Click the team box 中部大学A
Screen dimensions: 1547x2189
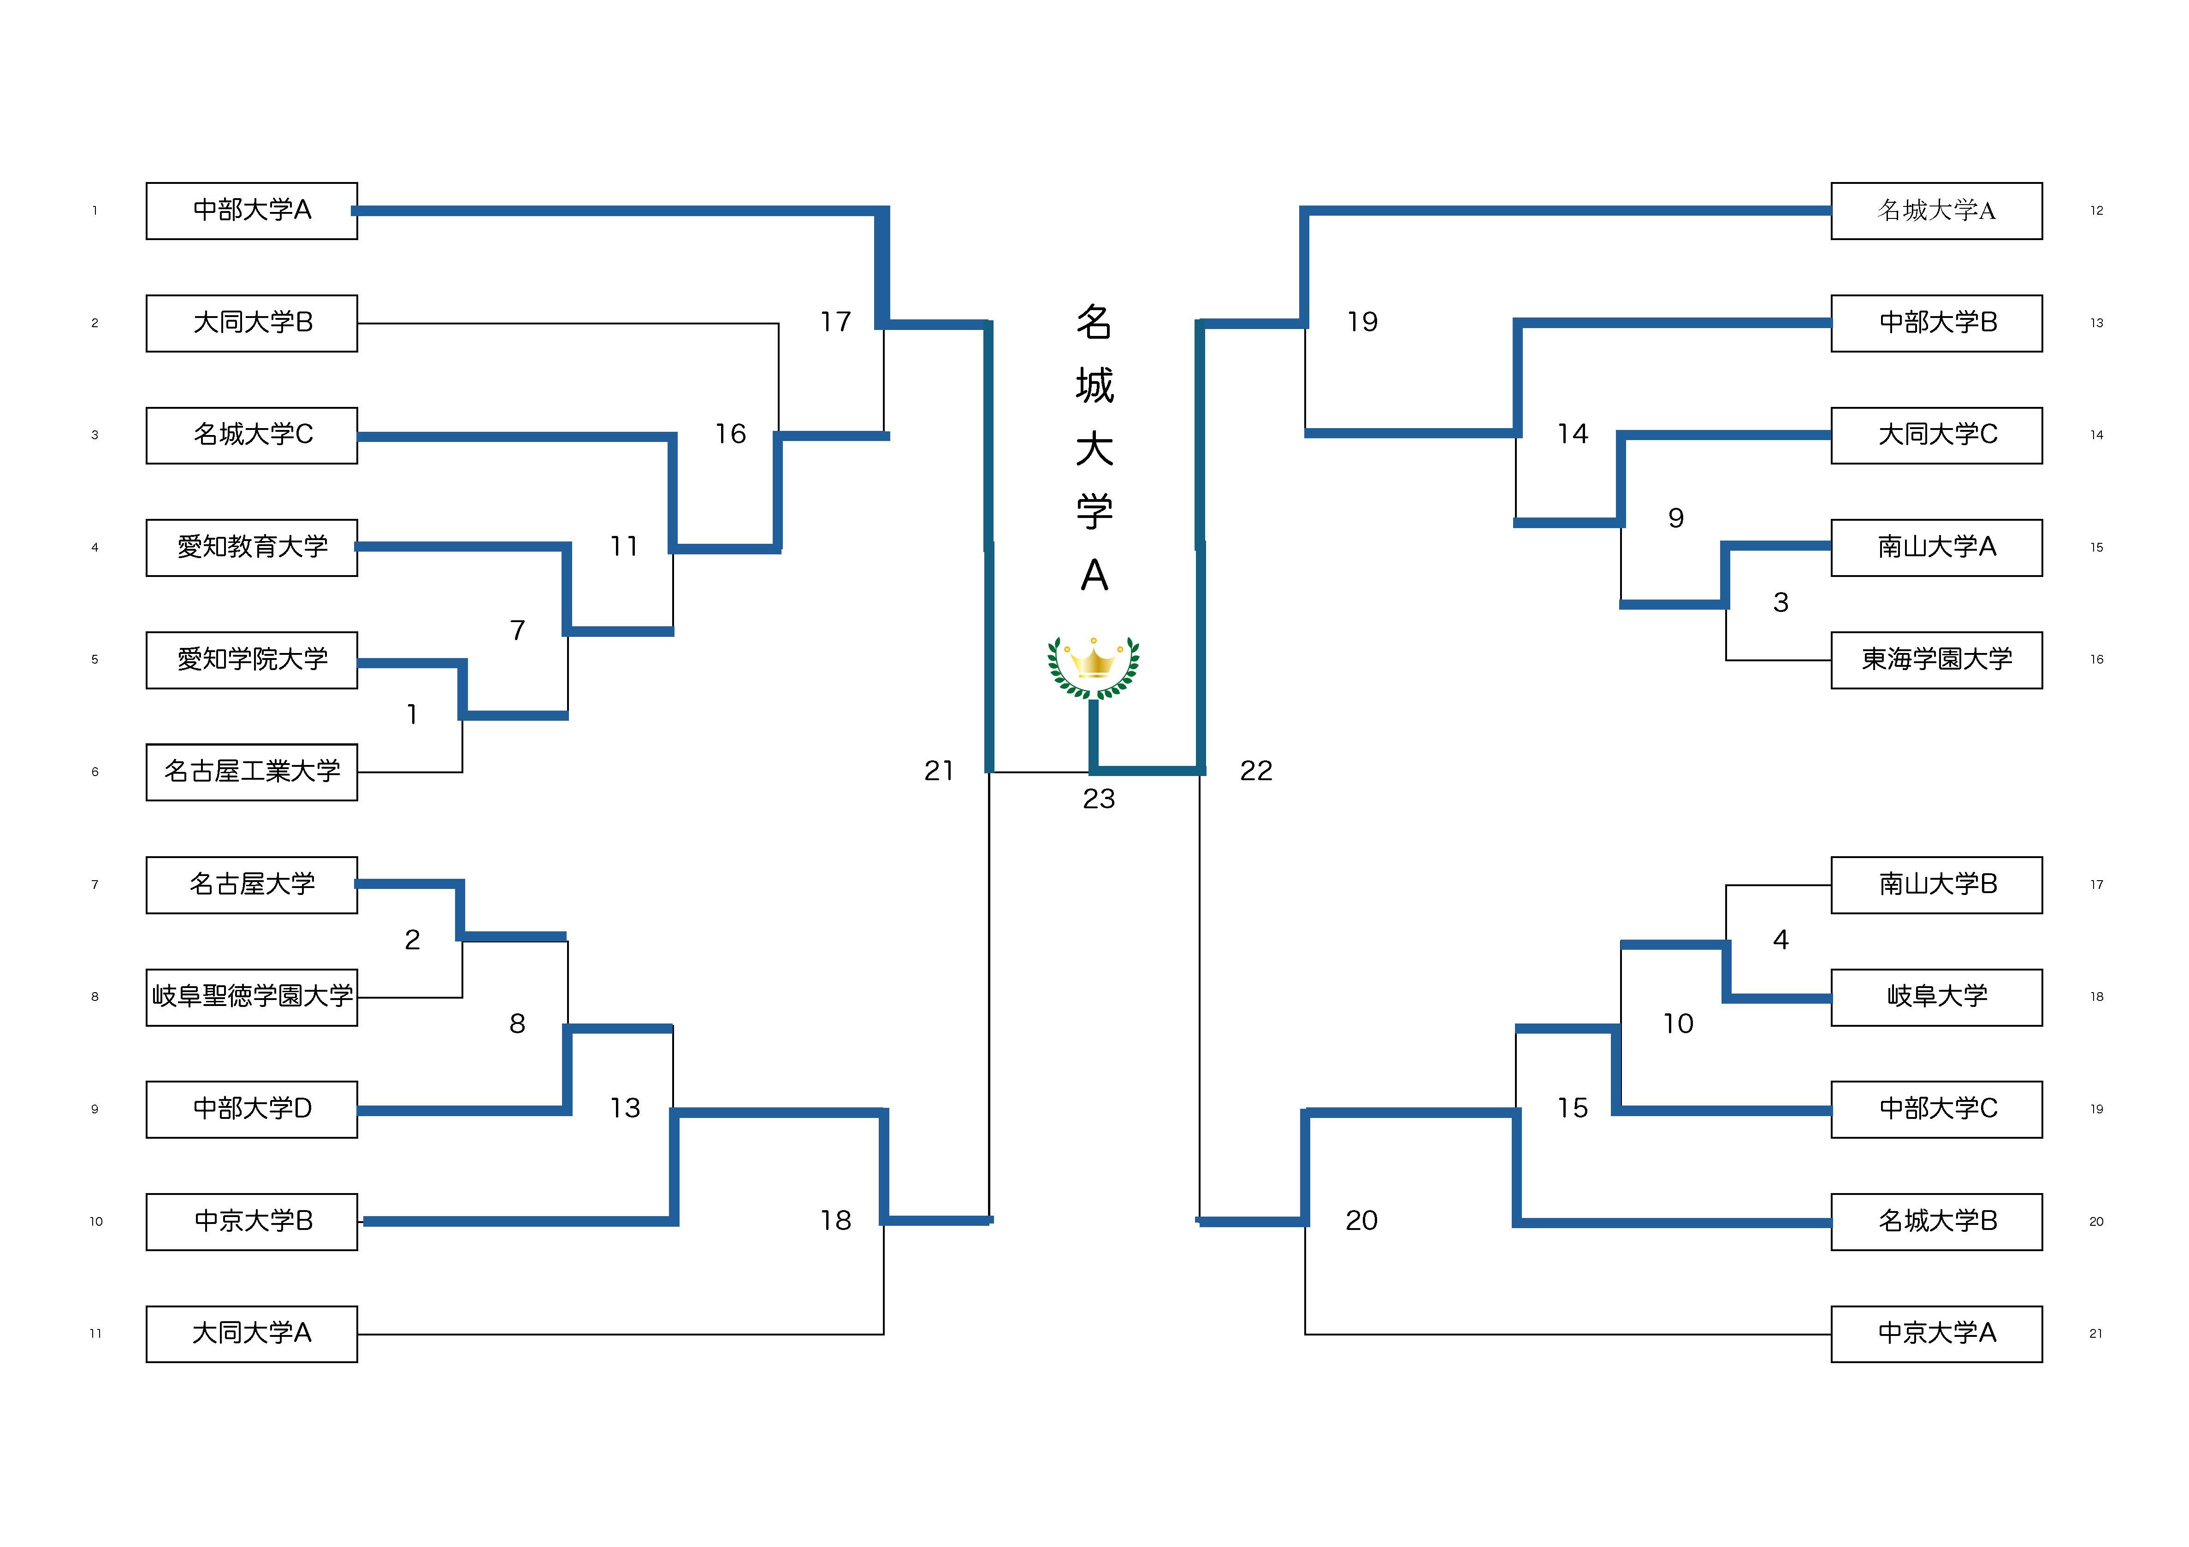point(252,211)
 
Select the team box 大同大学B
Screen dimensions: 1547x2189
point(252,323)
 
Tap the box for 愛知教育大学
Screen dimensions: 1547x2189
point(252,547)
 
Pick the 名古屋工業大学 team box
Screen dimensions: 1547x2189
point(252,772)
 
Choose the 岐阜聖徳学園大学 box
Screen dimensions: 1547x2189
point(252,997)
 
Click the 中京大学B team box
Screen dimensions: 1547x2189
point(252,1221)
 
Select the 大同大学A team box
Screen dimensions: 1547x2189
point(252,1334)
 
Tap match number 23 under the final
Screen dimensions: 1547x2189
point(1098,799)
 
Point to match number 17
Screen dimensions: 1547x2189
point(835,322)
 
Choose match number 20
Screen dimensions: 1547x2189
point(1361,1221)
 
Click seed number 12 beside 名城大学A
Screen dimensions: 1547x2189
point(2096,211)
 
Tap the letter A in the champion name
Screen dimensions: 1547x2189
point(1094,575)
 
